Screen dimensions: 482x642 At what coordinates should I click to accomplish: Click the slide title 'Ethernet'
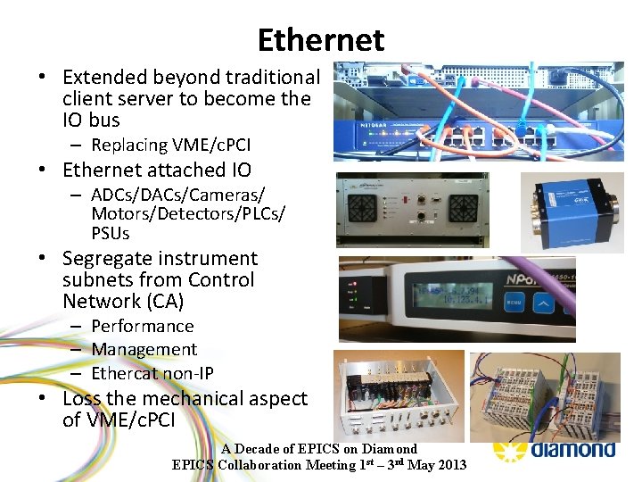point(320,40)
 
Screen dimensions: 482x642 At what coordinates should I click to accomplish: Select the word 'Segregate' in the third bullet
point(102,259)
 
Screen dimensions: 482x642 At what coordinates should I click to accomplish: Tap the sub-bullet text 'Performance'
point(142,327)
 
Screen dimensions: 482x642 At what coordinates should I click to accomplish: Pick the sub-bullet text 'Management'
point(144,350)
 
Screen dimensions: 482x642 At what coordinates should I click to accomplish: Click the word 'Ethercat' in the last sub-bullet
point(126,373)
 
